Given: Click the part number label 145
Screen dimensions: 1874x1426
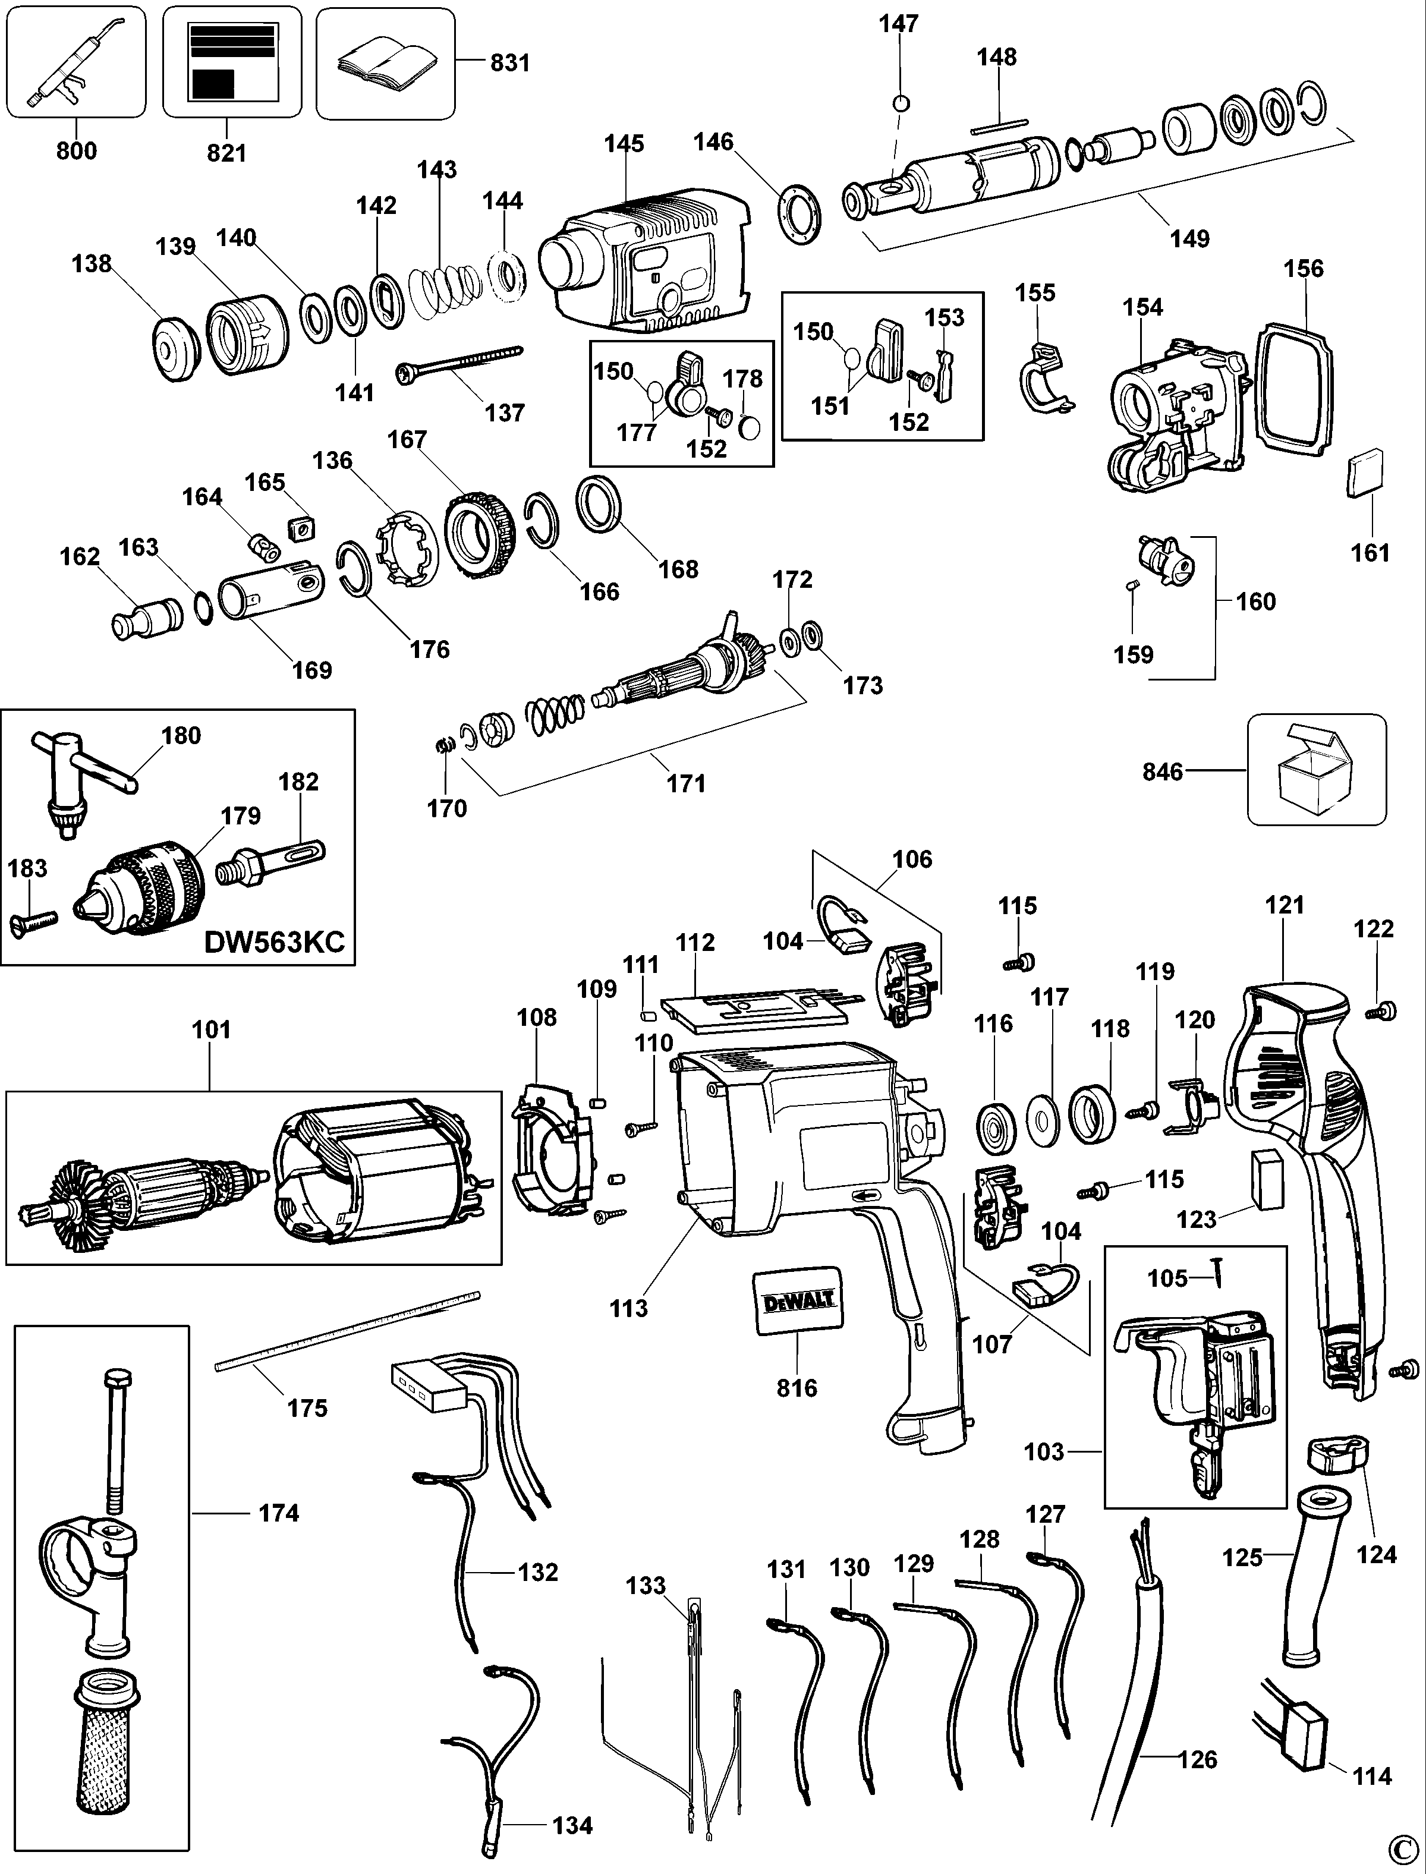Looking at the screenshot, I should tap(624, 143).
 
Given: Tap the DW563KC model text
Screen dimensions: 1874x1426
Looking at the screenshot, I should tap(274, 942).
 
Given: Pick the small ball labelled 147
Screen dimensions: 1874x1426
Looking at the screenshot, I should tap(902, 103).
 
